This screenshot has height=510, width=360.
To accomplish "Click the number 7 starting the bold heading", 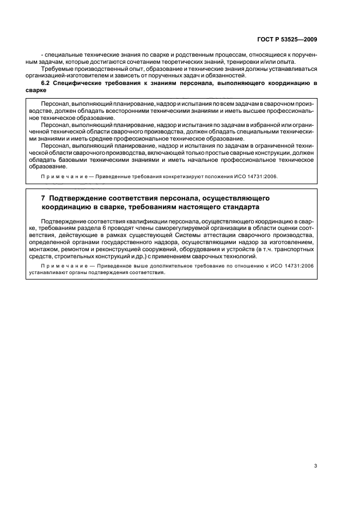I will click(35, 198).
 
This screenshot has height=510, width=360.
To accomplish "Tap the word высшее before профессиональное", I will click(229, 110).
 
